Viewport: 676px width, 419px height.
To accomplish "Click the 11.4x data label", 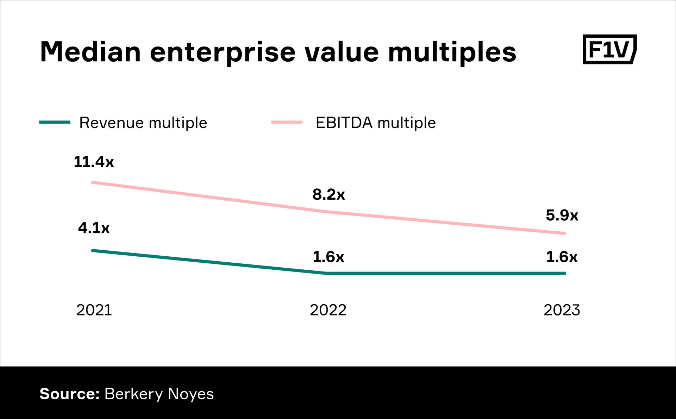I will [x=94, y=162].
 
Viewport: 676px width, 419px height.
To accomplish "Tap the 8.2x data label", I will [x=328, y=194].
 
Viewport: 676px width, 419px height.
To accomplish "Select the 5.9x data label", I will [x=562, y=215].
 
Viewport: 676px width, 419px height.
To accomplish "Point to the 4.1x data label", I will [x=94, y=228].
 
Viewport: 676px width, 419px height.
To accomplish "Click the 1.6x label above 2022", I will [x=328, y=257].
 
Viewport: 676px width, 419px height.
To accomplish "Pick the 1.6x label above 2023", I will [x=562, y=257].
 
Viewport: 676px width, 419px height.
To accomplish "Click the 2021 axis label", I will [x=94, y=310].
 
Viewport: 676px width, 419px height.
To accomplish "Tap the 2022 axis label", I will [x=328, y=310].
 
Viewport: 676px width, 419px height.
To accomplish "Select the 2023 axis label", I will [x=562, y=310].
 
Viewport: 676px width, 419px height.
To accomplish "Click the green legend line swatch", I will [x=55, y=122].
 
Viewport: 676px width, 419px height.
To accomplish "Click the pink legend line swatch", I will [x=287, y=122].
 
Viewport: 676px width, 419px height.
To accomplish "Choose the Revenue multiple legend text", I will [x=143, y=123].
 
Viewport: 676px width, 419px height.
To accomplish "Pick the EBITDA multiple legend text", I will [x=376, y=123].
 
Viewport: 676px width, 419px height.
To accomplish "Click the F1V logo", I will [x=609, y=49].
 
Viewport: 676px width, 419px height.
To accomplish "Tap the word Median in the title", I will [x=90, y=52].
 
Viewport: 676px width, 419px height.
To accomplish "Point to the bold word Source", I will [x=69, y=394].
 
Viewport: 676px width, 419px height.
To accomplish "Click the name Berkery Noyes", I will [x=159, y=394].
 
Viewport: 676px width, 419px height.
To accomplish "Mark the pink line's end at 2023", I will [x=564, y=233].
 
